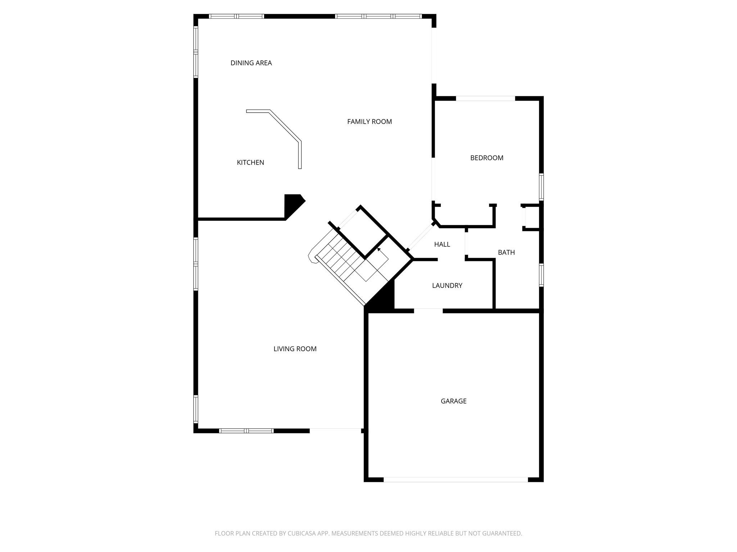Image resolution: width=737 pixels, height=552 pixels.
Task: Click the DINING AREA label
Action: pyautogui.click(x=251, y=63)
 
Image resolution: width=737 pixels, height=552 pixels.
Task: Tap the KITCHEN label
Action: pyautogui.click(x=250, y=162)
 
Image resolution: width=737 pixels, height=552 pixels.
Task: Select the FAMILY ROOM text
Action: pyautogui.click(x=369, y=121)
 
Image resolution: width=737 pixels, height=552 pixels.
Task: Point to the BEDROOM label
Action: pyautogui.click(x=487, y=158)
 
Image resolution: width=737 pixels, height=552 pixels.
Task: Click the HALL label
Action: pyautogui.click(x=442, y=244)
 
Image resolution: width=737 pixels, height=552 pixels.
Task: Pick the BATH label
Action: pyautogui.click(x=506, y=252)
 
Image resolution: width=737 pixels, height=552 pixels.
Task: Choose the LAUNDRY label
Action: pyautogui.click(x=447, y=285)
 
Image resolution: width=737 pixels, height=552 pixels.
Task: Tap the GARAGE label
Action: pyautogui.click(x=453, y=401)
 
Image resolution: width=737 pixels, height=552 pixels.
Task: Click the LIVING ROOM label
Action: pyautogui.click(x=295, y=349)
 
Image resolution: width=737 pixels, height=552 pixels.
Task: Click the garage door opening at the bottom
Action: pyautogui.click(x=455, y=479)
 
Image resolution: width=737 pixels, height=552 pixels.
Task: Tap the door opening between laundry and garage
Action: pyautogui.click(x=428, y=310)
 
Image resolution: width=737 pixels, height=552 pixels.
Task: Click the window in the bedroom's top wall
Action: pyautogui.click(x=485, y=98)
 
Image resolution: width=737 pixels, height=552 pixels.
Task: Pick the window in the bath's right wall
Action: pyautogui.click(x=541, y=275)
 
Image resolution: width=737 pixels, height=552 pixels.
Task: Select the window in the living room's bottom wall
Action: pyautogui.click(x=247, y=431)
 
